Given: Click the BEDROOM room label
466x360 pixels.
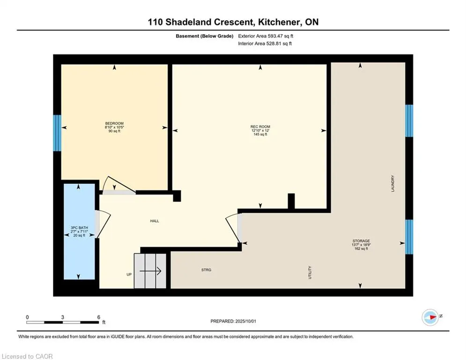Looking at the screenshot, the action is click(114, 123).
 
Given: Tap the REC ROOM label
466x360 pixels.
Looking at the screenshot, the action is click(260, 127).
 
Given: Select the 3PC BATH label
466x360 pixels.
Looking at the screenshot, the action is click(79, 228).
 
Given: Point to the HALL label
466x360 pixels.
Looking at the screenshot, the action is click(155, 221).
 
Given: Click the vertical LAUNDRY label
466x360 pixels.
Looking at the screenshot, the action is click(392, 184).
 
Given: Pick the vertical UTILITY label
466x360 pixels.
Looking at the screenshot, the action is click(310, 272).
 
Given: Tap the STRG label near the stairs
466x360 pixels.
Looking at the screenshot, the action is click(206, 270).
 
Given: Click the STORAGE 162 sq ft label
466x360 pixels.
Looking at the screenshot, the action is click(361, 245).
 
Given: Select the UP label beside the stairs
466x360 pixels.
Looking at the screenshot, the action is click(129, 274).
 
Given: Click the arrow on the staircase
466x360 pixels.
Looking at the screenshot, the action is click(150, 271).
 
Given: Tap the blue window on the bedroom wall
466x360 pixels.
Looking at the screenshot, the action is click(57, 133).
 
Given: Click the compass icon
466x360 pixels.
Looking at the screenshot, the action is click(430, 317).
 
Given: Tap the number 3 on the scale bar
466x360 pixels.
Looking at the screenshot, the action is click(62, 317).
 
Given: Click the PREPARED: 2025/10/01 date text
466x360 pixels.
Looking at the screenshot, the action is click(233, 321).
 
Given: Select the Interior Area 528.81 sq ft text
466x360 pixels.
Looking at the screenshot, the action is click(265, 44).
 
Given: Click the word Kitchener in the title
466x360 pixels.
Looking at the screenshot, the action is click(278, 22).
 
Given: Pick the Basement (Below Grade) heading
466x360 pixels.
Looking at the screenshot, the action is click(205, 36).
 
